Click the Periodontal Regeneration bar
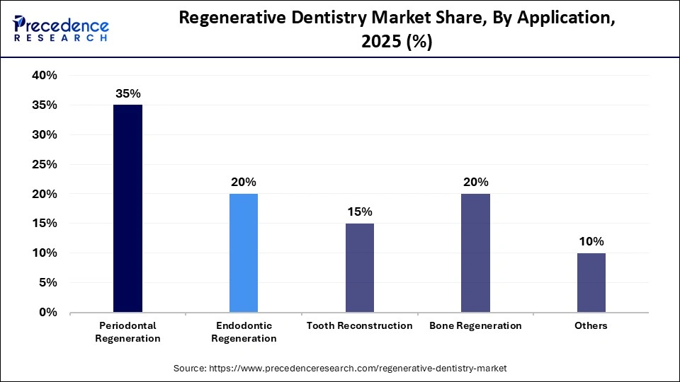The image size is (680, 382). [x=127, y=208]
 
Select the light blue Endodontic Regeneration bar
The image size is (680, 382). [x=244, y=253]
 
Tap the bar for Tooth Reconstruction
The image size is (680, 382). [x=360, y=267]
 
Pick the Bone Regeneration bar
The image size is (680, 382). [x=475, y=253]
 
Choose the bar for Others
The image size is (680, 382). [x=591, y=282]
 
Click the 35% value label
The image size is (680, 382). [x=127, y=93]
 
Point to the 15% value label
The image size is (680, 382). [x=360, y=212]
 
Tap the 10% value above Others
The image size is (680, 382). [x=591, y=241]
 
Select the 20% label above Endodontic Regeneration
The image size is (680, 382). [x=244, y=182]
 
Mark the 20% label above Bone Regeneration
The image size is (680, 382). [x=475, y=182]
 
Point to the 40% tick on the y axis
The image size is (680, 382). [x=44, y=76]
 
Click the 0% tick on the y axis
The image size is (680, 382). [x=47, y=312]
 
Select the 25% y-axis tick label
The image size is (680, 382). [x=44, y=164]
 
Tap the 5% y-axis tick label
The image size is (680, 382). [x=47, y=282]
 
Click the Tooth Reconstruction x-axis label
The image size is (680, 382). [x=360, y=326]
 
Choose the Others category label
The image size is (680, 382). [x=591, y=326]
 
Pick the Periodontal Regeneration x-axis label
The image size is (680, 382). [x=127, y=332]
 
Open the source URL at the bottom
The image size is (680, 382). [x=340, y=369]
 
